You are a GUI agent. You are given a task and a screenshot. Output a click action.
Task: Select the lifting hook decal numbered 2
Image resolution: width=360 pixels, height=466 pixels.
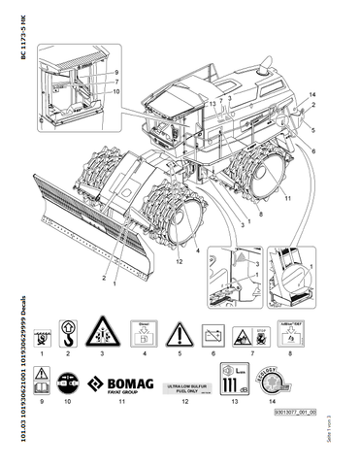(66, 336)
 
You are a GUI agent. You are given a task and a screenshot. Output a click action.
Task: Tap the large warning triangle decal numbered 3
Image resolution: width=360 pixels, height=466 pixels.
(101, 335)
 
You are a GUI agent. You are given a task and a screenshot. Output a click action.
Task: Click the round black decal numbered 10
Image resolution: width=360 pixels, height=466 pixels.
(66, 382)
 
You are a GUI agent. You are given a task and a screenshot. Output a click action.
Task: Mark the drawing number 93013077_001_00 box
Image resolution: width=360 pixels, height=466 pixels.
(278, 410)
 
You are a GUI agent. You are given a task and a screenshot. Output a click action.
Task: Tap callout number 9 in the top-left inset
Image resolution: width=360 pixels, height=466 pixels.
(115, 73)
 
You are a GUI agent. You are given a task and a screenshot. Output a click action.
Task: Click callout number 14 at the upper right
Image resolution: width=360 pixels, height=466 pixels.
(312, 93)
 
